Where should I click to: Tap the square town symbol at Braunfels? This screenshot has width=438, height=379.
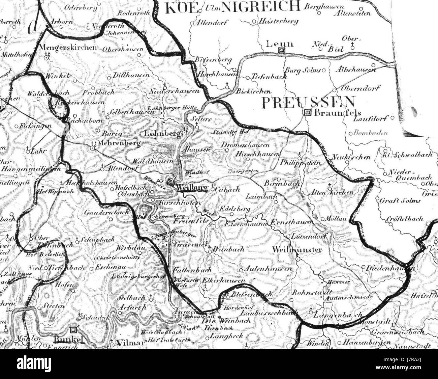307,113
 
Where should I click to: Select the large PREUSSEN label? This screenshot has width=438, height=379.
308,102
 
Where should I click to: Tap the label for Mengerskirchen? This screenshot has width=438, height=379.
68,48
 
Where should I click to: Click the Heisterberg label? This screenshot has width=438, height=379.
279,21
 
